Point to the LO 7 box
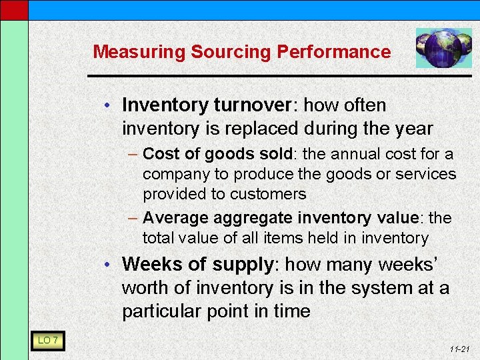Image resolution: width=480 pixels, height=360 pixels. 47,341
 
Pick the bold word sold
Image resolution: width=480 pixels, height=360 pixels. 273,154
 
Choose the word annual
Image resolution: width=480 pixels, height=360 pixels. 359,154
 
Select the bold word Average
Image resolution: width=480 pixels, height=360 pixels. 175,218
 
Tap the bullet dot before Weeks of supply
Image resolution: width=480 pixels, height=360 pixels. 115,265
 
